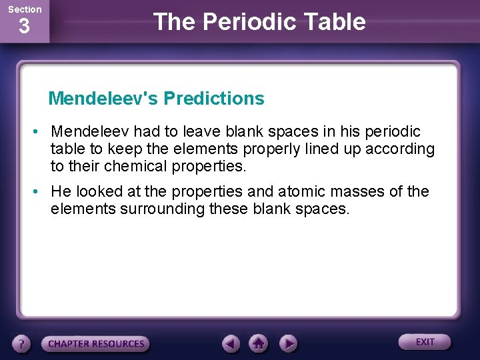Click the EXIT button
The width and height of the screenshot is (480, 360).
pos(425,342)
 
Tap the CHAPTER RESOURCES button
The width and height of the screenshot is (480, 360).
pos(95,344)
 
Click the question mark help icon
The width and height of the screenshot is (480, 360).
pos(23,344)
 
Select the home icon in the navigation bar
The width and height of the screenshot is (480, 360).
pos(259,344)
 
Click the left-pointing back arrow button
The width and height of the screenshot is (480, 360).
pos(231,344)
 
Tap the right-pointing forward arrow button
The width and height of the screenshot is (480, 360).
pos(287,344)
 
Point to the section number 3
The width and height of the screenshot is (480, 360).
pos(24,27)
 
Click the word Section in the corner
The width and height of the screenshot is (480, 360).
pos(25,9)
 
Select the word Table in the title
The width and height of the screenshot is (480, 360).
pos(339,22)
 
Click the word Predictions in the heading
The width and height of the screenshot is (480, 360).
pos(214,99)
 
